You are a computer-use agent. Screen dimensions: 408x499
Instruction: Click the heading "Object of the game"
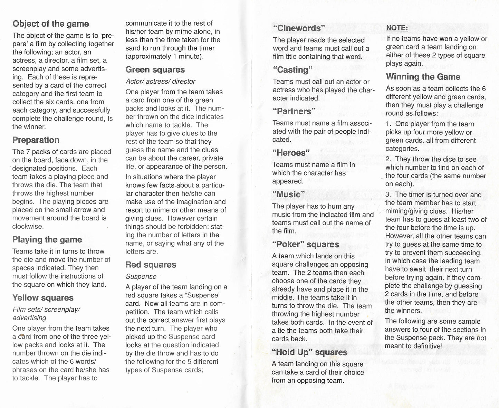(x=51, y=24)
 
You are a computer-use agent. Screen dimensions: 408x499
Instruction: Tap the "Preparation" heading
(x=36, y=140)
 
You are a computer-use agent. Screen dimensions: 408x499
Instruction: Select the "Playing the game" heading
(x=47, y=240)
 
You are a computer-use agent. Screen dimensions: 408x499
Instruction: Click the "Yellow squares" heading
(x=43, y=298)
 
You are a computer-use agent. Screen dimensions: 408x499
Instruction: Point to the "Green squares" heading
(x=155, y=70)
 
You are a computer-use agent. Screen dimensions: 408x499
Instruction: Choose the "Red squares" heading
(x=151, y=265)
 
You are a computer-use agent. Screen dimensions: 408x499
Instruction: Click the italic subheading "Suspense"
(x=141, y=276)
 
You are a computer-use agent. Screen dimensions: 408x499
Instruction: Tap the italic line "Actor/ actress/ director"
(x=161, y=82)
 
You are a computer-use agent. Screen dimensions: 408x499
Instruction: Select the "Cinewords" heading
(x=299, y=28)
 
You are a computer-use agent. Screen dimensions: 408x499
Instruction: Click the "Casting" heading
(x=292, y=70)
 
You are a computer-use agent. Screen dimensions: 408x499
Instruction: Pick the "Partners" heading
(x=294, y=111)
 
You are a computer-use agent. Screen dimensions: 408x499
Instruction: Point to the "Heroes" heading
(x=291, y=153)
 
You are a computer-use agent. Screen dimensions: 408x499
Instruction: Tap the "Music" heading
(x=289, y=194)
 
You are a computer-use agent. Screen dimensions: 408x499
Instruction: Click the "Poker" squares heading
(x=306, y=245)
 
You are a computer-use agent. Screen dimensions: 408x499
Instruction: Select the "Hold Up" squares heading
(x=310, y=352)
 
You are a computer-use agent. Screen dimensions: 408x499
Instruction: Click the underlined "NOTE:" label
(x=397, y=28)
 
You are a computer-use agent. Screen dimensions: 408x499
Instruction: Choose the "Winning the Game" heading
(x=423, y=77)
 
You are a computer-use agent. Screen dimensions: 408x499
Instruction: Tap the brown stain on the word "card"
(x=22, y=335)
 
